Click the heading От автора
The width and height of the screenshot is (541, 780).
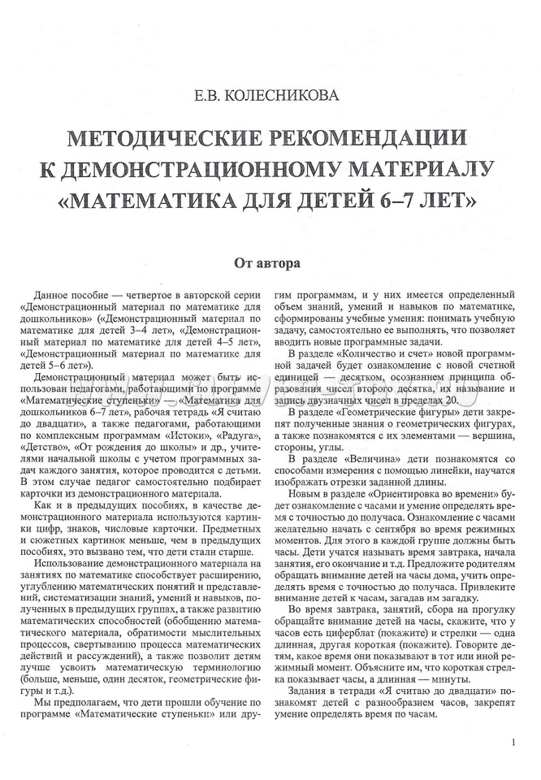270,263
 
